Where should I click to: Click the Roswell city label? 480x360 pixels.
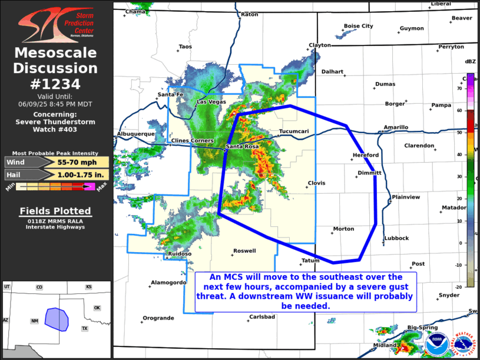pos(244,251)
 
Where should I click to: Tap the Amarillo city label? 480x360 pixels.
pos(396,127)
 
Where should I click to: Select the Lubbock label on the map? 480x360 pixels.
pos(396,238)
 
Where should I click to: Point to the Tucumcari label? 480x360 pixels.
pos(293,131)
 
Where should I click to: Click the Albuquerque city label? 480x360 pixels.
pos(136,134)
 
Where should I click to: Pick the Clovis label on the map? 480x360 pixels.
pos(316,183)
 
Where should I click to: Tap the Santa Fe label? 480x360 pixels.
pos(171,95)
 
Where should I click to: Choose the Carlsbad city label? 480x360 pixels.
pos(262,317)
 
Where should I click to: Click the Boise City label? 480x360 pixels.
pos(358,26)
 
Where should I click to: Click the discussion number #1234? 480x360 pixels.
pos(55,84)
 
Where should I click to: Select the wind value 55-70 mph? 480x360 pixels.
pos(78,162)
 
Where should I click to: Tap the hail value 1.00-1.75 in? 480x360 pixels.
pos(81,174)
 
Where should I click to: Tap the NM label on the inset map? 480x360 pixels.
pos(35,321)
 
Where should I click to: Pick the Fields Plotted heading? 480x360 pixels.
pos(55,211)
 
